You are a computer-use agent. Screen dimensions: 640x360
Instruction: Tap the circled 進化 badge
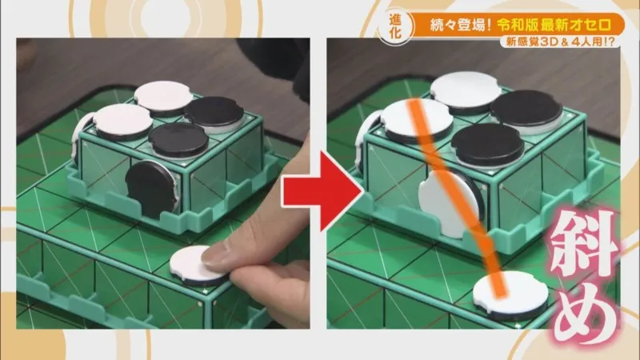pos(394,26)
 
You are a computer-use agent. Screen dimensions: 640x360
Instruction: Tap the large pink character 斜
pos(585,245)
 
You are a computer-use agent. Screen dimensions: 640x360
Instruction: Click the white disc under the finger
pos(195,266)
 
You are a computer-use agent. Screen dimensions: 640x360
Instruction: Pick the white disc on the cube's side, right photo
pos(448,204)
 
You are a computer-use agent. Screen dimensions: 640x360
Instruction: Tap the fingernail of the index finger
pos(215,254)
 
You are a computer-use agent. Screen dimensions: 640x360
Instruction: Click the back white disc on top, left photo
pos(163,97)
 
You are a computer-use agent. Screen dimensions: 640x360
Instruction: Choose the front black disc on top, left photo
pos(178,141)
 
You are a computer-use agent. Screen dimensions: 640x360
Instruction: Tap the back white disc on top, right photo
pos(466,90)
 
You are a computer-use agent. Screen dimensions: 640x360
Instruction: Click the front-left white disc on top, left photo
pos(123,122)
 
